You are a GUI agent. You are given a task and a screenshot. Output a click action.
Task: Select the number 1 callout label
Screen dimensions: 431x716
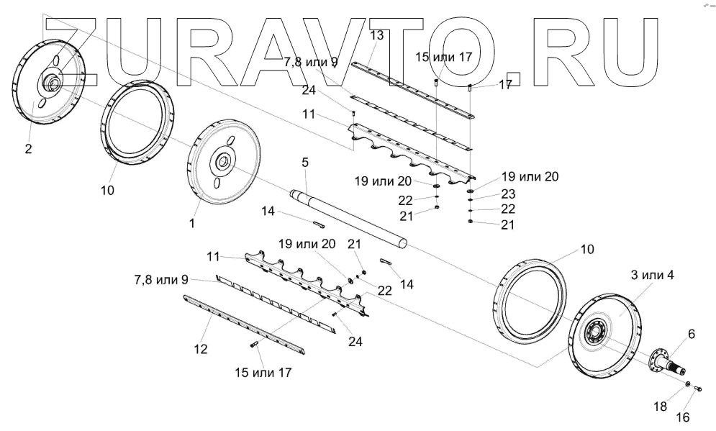[192, 224]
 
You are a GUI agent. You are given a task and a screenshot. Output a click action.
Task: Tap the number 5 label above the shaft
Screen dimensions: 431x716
[305, 163]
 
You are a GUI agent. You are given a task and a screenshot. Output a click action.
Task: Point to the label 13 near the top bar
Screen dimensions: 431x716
[376, 35]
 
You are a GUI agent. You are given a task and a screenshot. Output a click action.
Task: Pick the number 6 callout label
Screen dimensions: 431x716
[692, 334]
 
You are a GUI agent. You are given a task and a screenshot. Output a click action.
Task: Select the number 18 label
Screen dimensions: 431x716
[660, 407]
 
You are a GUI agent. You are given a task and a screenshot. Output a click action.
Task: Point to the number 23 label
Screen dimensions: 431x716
[507, 194]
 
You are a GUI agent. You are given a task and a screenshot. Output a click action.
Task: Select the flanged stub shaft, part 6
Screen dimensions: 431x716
[666, 360]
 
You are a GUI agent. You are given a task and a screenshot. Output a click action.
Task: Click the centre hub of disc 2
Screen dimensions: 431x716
[53, 84]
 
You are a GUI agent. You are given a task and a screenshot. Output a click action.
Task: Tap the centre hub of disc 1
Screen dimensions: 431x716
[220, 162]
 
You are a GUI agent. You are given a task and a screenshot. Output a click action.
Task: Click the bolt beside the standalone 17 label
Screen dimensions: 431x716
[470, 89]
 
